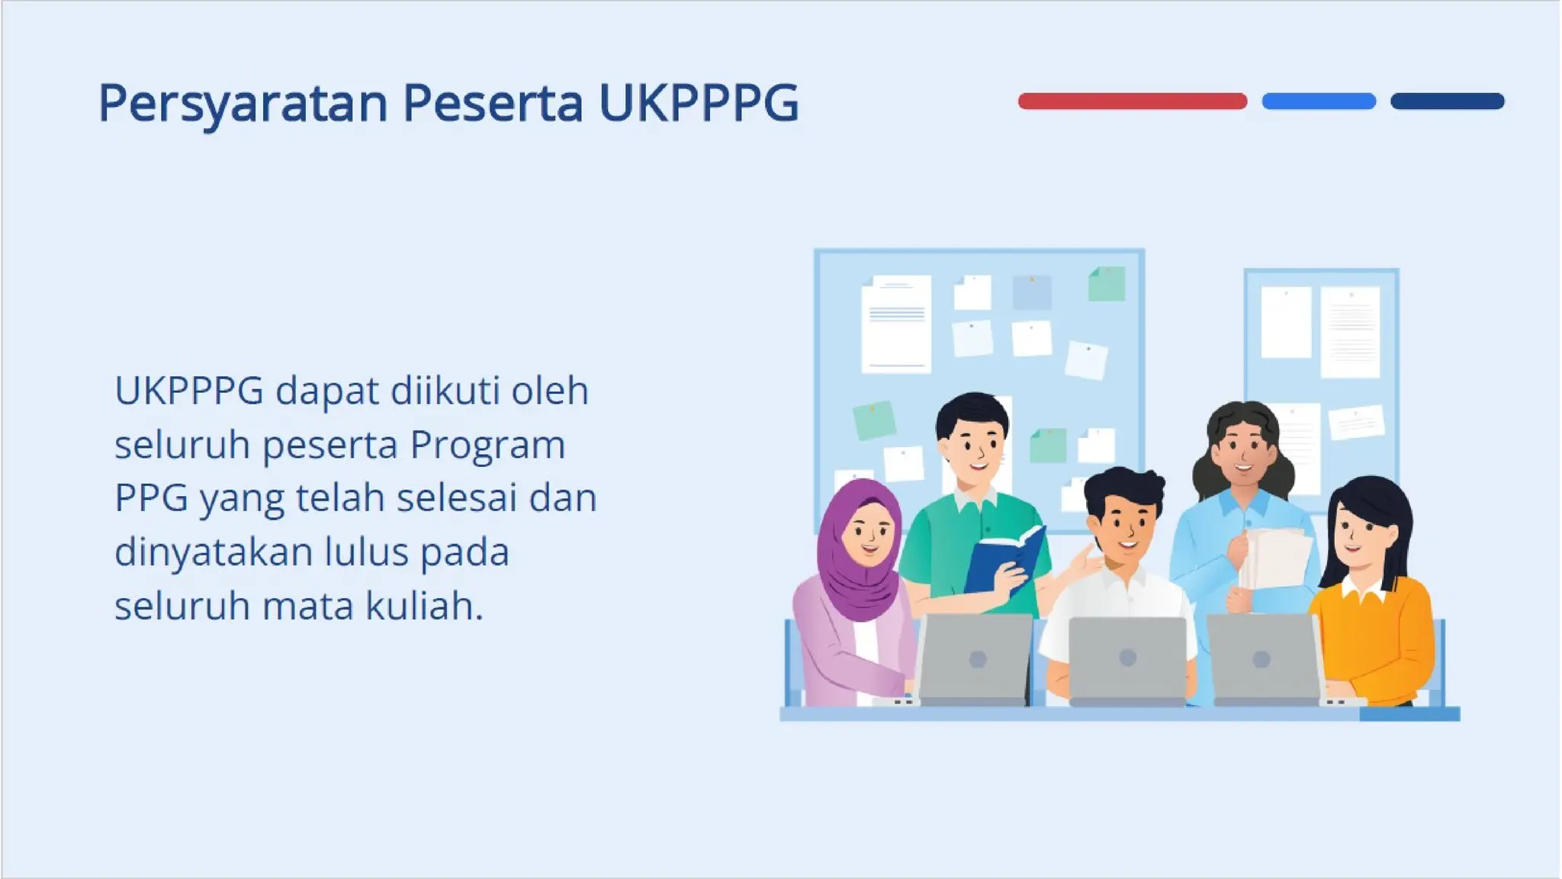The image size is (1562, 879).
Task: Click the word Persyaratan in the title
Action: (243, 103)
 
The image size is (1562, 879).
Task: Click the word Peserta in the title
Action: (493, 103)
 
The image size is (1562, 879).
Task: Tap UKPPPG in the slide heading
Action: (698, 103)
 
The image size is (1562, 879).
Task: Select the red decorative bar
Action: (1132, 101)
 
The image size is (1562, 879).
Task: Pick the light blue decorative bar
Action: (1318, 101)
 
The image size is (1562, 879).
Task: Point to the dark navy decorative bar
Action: (1447, 101)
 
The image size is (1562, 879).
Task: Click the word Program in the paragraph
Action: (487, 446)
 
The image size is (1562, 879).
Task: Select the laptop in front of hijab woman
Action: (975, 658)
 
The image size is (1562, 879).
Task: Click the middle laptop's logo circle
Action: (1127, 657)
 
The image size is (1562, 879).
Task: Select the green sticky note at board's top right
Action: (1107, 284)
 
